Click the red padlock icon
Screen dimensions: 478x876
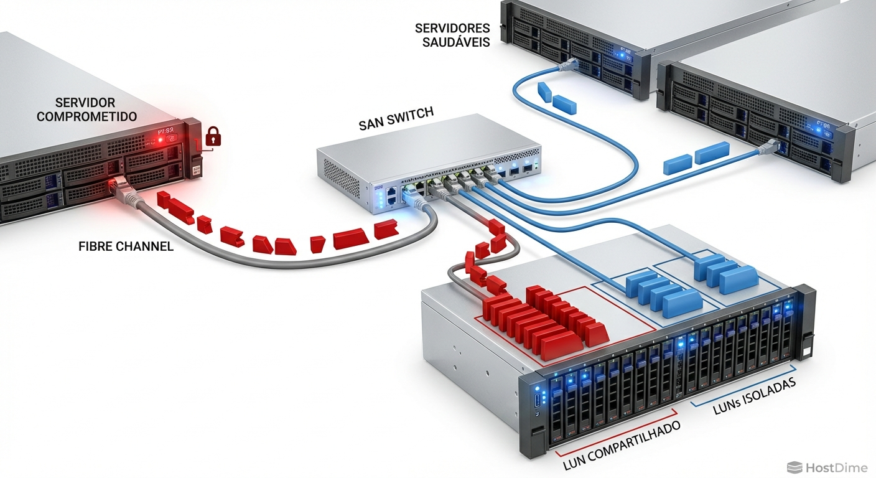[213, 136]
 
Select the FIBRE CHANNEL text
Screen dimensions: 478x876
[126, 246]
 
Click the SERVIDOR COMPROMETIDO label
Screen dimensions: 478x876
[86, 110]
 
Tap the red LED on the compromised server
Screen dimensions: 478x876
[161, 140]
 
